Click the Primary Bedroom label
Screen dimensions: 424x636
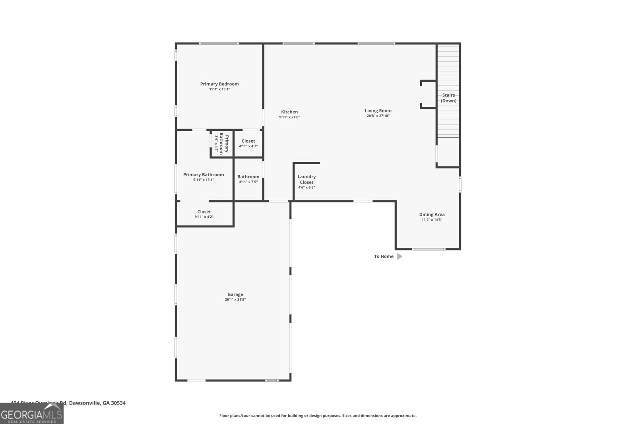click(219, 84)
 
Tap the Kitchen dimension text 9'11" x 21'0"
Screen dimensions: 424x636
click(289, 117)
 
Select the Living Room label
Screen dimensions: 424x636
click(378, 111)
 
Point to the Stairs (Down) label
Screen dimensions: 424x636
click(448, 98)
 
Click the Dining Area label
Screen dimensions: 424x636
click(432, 215)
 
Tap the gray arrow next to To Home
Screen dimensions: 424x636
click(399, 256)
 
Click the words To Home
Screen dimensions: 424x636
click(384, 256)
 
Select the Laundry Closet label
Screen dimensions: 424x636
click(306, 179)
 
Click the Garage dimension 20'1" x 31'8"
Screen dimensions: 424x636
click(235, 300)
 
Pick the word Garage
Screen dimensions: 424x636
click(235, 294)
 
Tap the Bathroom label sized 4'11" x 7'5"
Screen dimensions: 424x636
click(248, 177)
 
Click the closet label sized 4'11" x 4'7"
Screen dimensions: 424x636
click(248, 141)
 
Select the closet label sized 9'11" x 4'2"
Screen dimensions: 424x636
click(204, 212)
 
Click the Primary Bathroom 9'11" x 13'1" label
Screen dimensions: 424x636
click(204, 175)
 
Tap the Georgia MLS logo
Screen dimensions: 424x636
click(32, 414)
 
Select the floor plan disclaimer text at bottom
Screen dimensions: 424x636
click(318, 416)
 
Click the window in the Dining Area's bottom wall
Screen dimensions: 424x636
click(428, 249)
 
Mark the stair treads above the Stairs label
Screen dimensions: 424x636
click(448, 68)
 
